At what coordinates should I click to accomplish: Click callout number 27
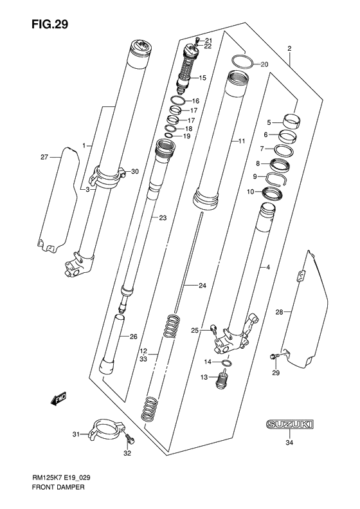pos(44,157)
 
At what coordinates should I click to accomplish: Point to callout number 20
pos(264,64)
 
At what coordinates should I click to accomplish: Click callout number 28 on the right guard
pos(279,312)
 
